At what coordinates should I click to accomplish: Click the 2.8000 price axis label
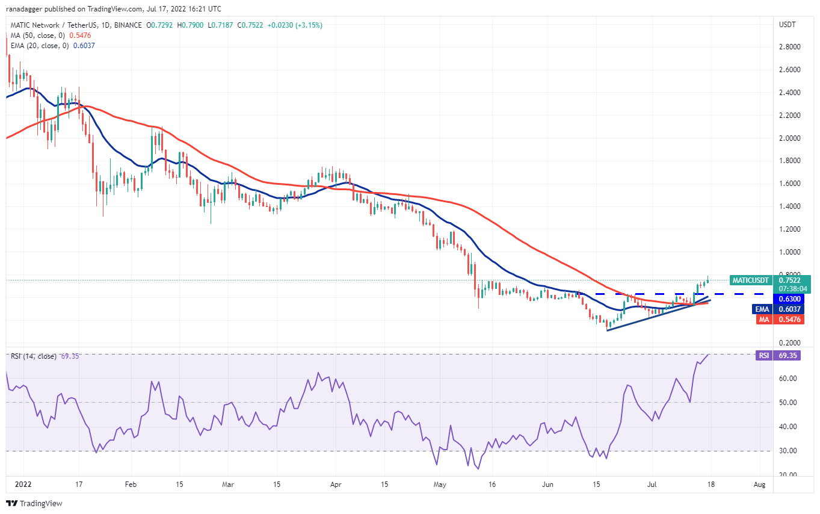tap(789, 47)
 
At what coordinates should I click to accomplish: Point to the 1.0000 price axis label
tap(789, 252)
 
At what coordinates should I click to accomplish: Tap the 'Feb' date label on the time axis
tap(131, 485)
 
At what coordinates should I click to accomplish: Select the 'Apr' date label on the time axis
tap(336, 485)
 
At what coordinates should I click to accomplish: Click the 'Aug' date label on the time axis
tap(760, 485)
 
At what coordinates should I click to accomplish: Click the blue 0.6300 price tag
tap(789, 299)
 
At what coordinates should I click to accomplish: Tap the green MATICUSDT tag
tap(750, 280)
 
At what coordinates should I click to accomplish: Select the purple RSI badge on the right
tap(764, 355)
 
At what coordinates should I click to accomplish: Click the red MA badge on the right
tap(764, 320)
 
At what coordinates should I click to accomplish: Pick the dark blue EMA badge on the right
tap(762, 309)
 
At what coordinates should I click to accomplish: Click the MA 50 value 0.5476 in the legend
tap(80, 36)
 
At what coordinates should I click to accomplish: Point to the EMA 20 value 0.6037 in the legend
tap(84, 46)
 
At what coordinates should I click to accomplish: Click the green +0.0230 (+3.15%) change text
tap(295, 25)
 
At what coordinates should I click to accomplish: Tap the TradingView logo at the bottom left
tap(34, 503)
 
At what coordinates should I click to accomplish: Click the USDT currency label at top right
tap(788, 25)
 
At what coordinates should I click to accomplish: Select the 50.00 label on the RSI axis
tap(788, 402)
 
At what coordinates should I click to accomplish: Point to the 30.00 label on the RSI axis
tap(788, 451)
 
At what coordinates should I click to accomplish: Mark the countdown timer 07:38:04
tap(793, 289)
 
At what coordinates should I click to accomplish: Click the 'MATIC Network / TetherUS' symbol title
tap(54, 25)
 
